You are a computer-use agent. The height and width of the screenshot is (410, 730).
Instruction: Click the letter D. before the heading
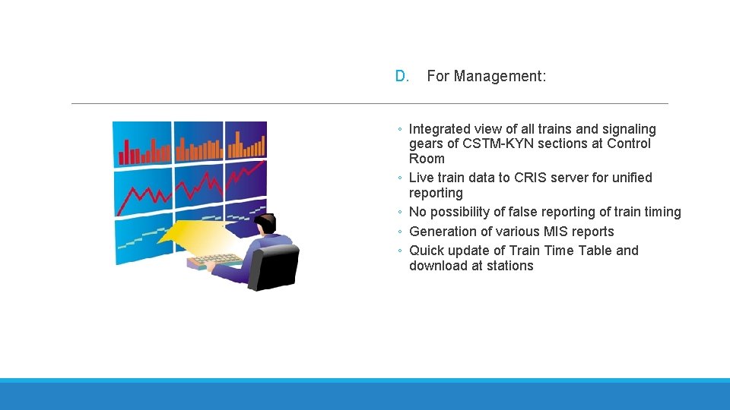[x=402, y=76]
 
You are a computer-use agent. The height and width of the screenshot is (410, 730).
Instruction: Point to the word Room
[x=427, y=159]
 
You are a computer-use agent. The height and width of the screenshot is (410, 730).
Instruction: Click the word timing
[x=662, y=212]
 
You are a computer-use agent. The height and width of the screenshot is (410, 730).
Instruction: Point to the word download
[x=437, y=266]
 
